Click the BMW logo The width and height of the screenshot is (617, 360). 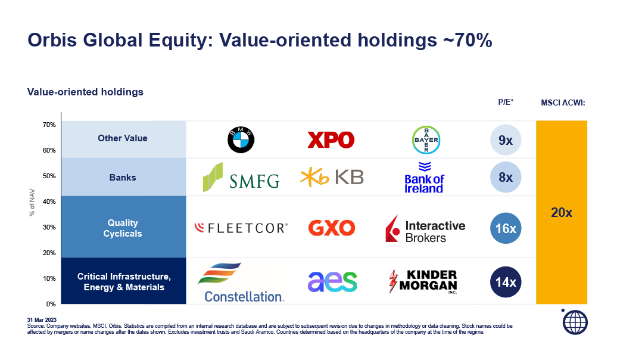coord(241,140)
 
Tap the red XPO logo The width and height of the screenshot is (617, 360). coord(331,140)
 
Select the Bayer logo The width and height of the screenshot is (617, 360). coord(426,140)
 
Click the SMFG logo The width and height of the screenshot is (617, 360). coord(241,177)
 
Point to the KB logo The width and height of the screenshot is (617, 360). coord(332,177)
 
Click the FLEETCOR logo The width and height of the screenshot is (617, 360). coord(241,228)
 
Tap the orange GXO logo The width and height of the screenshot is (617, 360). coord(332,228)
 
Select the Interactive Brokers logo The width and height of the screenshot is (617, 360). coord(425,228)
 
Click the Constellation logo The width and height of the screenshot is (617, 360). coord(241,282)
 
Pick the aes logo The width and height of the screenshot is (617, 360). coord(332,281)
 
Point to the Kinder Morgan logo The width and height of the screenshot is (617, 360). coord(423,281)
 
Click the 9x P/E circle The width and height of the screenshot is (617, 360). coord(506,140)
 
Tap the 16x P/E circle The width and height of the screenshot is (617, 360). coord(506,228)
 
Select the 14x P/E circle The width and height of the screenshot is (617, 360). coord(506,282)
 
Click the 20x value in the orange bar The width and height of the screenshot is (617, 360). coord(562,213)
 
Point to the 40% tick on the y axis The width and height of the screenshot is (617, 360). coord(49,201)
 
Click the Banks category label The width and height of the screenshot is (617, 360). coord(123,178)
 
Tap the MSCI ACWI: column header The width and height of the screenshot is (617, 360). coord(563,103)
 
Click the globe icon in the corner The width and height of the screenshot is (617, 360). coord(575,322)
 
